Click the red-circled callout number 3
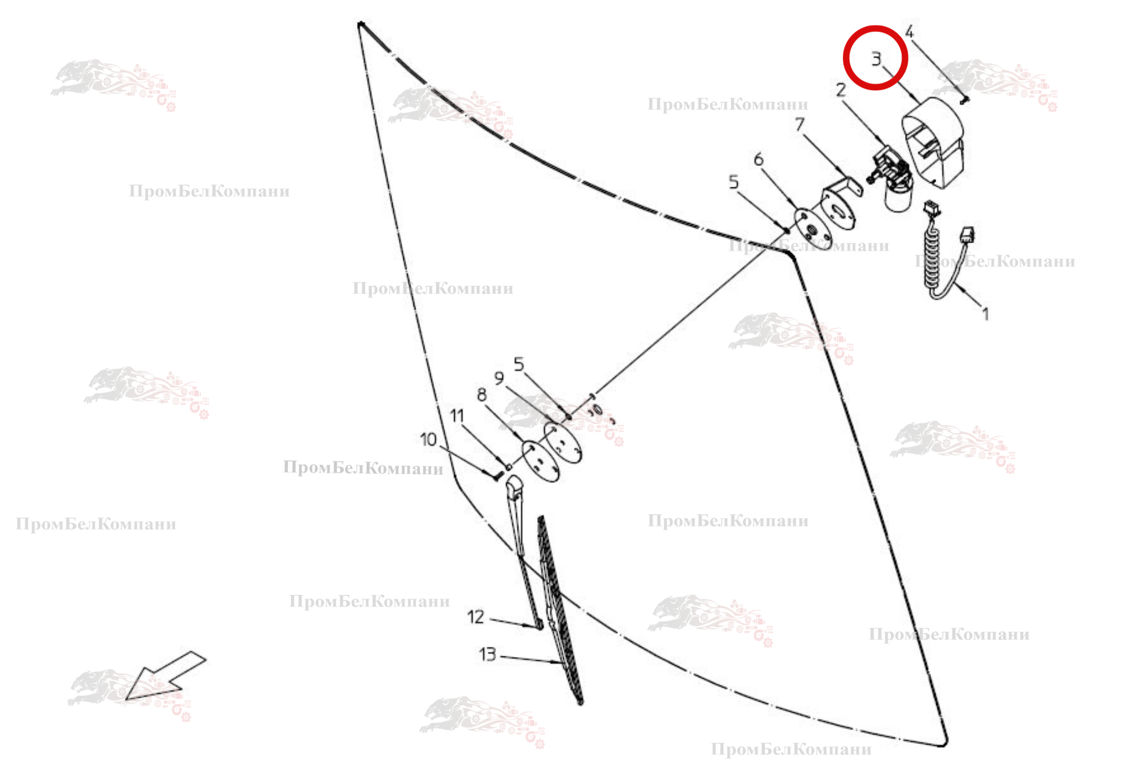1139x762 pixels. click(876, 58)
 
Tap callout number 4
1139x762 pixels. click(909, 32)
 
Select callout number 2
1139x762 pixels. click(841, 89)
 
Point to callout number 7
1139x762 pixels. click(799, 124)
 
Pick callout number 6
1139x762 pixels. click(758, 159)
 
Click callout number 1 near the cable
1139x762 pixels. click(986, 314)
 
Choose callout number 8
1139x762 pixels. click(481, 394)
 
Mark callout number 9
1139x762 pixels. click(499, 378)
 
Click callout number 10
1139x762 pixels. click(428, 439)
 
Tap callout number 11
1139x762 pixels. click(457, 415)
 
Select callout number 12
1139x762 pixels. click(476, 616)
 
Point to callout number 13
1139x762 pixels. click(488, 654)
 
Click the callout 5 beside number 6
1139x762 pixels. click(733, 182)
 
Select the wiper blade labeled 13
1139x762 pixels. click(560, 610)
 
